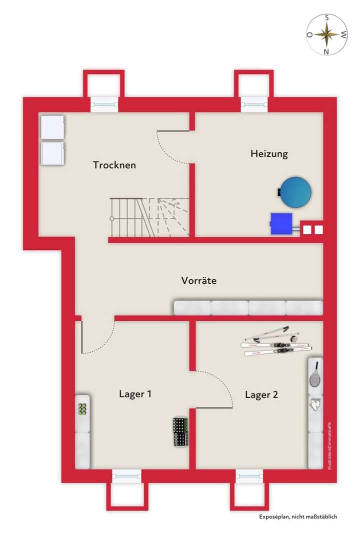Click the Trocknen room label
pos(114,165)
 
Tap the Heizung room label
pos(269,153)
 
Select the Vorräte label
pos(198,280)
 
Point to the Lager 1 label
pos(135,394)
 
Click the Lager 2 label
pos(261,394)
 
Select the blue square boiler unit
pos(281,223)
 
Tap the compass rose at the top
pos(327,34)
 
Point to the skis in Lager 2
pos(276,343)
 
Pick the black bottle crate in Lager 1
pos(180,432)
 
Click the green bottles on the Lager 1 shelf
pos(83,408)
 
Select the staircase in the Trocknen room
pos(149,217)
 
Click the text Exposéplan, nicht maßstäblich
pos(297,517)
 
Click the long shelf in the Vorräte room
pos(248,307)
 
